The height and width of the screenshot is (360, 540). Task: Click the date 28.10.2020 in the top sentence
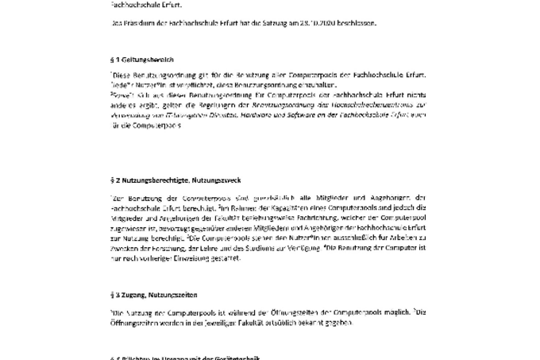point(314,23)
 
